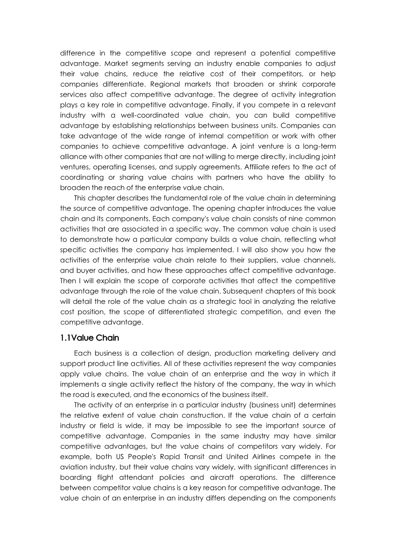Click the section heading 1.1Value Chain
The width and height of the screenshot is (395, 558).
(90, 338)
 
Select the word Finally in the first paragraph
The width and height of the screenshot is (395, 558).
(241, 105)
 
